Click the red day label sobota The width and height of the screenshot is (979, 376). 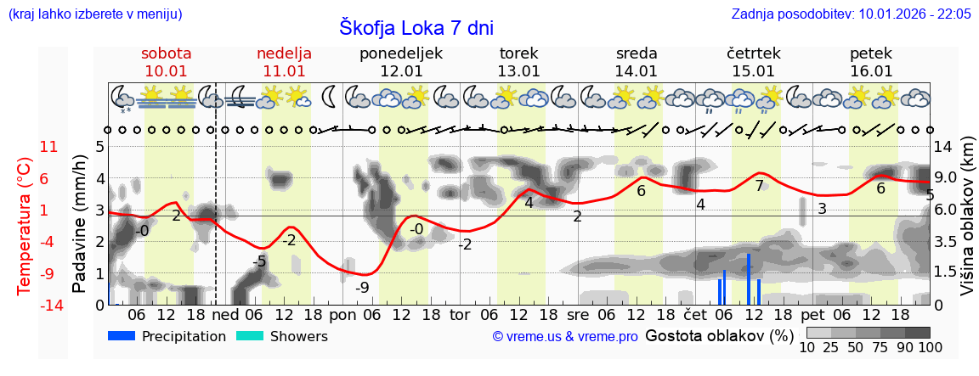[167, 53]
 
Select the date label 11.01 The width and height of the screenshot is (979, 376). [284, 71]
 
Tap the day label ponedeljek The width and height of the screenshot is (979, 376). [401, 53]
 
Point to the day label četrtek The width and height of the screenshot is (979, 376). [754, 53]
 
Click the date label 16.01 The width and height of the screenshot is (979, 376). [871, 71]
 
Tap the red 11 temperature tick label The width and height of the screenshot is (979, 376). [49, 147]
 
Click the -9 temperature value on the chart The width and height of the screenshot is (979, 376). [363, 288]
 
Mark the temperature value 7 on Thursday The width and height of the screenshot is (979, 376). [759, 186]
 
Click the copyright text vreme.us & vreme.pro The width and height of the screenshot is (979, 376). [565, 337]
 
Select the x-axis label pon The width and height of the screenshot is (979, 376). [342, 314]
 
